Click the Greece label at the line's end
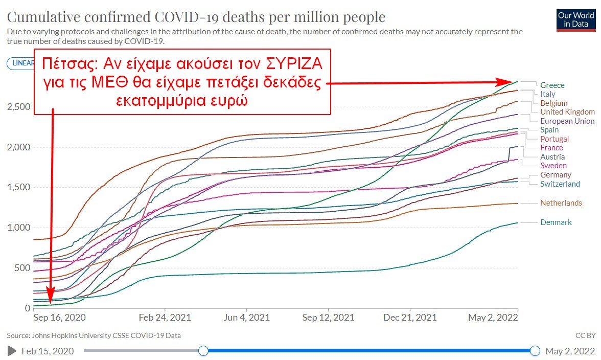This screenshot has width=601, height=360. coord(552,85)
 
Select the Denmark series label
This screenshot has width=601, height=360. coord(556,222)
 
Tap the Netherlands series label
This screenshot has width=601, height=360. coord(561,203)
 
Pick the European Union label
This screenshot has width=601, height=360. coord(567,121)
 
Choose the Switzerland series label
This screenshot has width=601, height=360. coord(560,184)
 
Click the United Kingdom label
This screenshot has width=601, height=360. coord(567,112)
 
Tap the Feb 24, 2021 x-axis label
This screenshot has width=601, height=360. coord(165,317)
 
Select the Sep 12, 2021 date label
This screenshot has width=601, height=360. coord(328,317)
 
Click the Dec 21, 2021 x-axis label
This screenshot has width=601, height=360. coord(410,317)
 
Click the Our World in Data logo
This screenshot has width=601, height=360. coord(576,20)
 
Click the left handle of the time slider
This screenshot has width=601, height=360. coord(203,351)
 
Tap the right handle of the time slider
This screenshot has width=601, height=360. coord(535,351)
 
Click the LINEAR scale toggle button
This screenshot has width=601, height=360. coord(20,63)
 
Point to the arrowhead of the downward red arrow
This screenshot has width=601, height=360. coord(51,304)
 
